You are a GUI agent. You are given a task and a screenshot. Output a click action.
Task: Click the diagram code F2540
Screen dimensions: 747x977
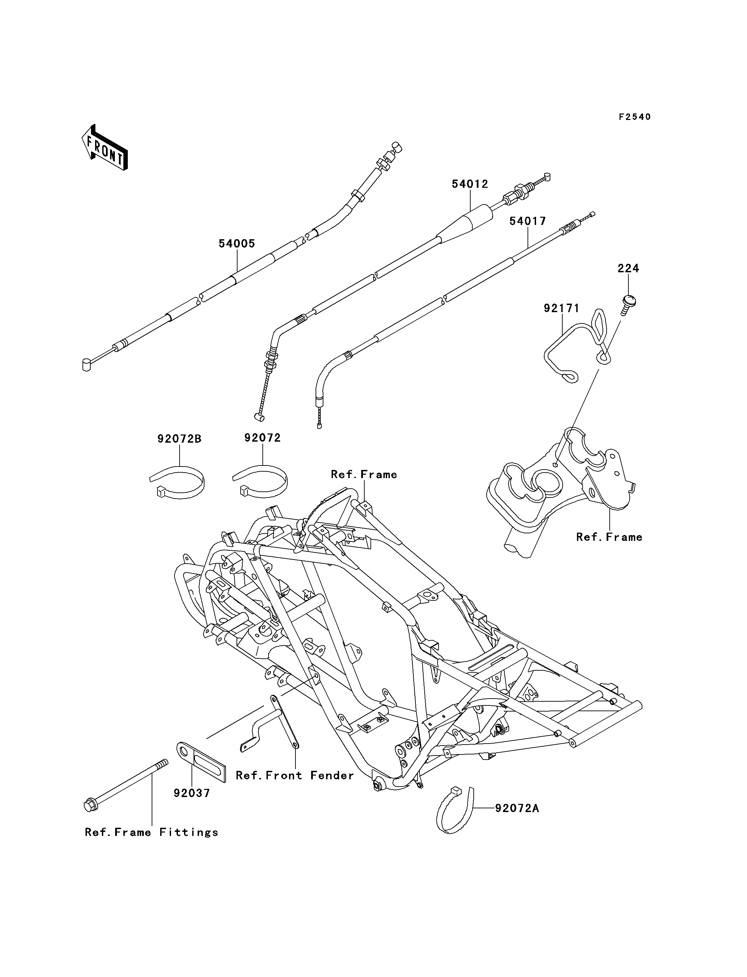pyautogui.click(x=635, y=117)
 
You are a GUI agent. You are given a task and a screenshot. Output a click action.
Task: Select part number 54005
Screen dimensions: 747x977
pyautogui.click(x=237, y=243)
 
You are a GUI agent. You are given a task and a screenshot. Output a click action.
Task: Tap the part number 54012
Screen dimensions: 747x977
pyautogui.click(x=470, y=184)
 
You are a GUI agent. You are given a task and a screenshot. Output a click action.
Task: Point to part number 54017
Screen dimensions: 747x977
pyautogui.click(x=528, y=221)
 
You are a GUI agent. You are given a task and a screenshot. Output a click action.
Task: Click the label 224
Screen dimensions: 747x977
pyautogui.click(x=628, y=268)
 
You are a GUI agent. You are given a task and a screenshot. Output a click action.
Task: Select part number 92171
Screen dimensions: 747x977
pyautogui.click(x=562, y=308)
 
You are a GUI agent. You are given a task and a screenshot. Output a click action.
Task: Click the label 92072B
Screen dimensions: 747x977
pyautogui.click(x=179, y=439)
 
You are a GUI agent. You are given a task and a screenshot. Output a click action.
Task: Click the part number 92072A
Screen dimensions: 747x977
pyautogui.click(x=517, y=808)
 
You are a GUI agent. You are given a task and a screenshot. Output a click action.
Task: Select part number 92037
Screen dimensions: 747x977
pyautogui.click(x=192, y=793)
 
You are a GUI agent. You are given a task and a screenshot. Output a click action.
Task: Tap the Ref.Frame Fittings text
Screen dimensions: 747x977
pyautogui.click(x=152, y=833)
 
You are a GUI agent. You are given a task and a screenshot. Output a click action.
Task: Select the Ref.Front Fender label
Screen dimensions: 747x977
pyautogui.click(x=295, y=776)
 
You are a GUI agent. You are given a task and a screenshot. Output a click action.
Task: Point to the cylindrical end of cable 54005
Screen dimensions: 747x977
pyautogui.click(x=87, y=365)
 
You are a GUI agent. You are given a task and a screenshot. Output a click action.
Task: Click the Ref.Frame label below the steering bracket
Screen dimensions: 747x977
pyautogui.click(x=609, y=537)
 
